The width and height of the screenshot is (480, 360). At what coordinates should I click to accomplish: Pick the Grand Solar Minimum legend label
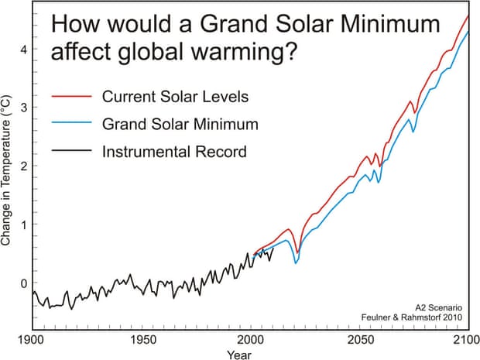click(x=180, y=124)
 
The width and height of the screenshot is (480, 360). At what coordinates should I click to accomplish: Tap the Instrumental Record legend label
click(x=174, y=151)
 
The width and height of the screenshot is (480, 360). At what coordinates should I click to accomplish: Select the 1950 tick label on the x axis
click(x=140, y=340)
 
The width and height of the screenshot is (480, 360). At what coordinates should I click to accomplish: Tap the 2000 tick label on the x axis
click(x=249, y=340)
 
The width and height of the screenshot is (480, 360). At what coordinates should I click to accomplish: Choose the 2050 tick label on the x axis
click(x=358, y=340)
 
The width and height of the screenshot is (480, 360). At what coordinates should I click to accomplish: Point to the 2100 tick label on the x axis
click(x=465, y=340)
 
